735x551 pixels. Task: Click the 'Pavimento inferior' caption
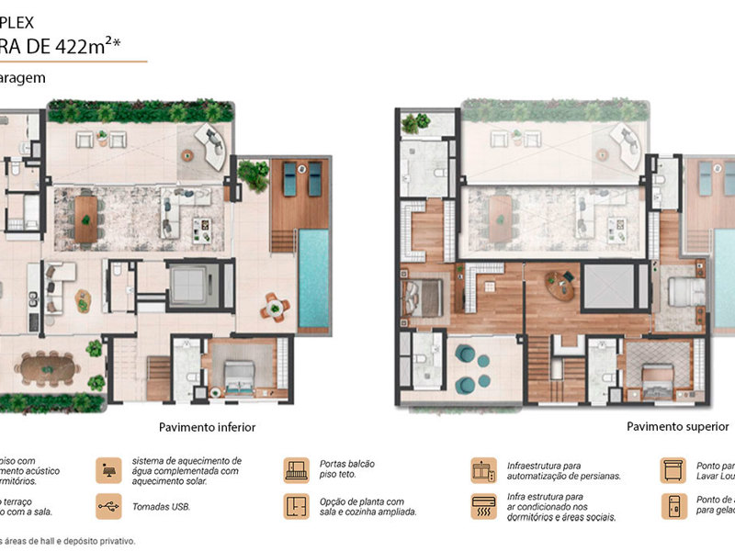click(207, 427)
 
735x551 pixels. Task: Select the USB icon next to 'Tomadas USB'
click(108, 506)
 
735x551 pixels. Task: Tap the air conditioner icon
click(483, 506)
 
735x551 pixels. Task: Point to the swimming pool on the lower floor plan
click(312, 279)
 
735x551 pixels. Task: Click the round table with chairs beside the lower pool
click(274, 308)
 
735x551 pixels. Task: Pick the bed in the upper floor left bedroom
click(422, 295)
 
